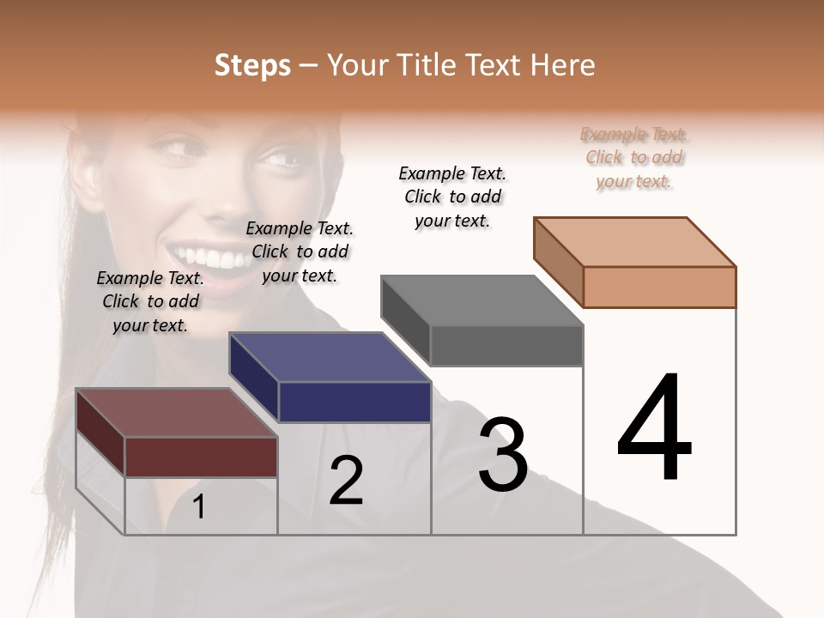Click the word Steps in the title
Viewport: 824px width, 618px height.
(252, 65)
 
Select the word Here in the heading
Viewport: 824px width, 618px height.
(564, 65)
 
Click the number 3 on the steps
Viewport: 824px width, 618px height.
(503, 454)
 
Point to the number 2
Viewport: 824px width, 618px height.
(347, 481)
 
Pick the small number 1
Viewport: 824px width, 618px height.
(199, 507)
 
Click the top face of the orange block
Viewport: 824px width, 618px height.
(635, 242)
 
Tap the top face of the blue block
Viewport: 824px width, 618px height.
(330, 357)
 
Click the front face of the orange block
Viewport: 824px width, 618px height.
(659, 287)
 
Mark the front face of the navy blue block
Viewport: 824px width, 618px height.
(354, 402)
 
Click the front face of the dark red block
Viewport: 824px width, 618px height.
(201, 457)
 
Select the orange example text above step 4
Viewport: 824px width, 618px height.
(634, 158)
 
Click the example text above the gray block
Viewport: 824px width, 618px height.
(452, 197)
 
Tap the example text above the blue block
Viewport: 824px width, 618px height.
(300, 251)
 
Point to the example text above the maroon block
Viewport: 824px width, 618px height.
(150, 301)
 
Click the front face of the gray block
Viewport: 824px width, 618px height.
(506, 345)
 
